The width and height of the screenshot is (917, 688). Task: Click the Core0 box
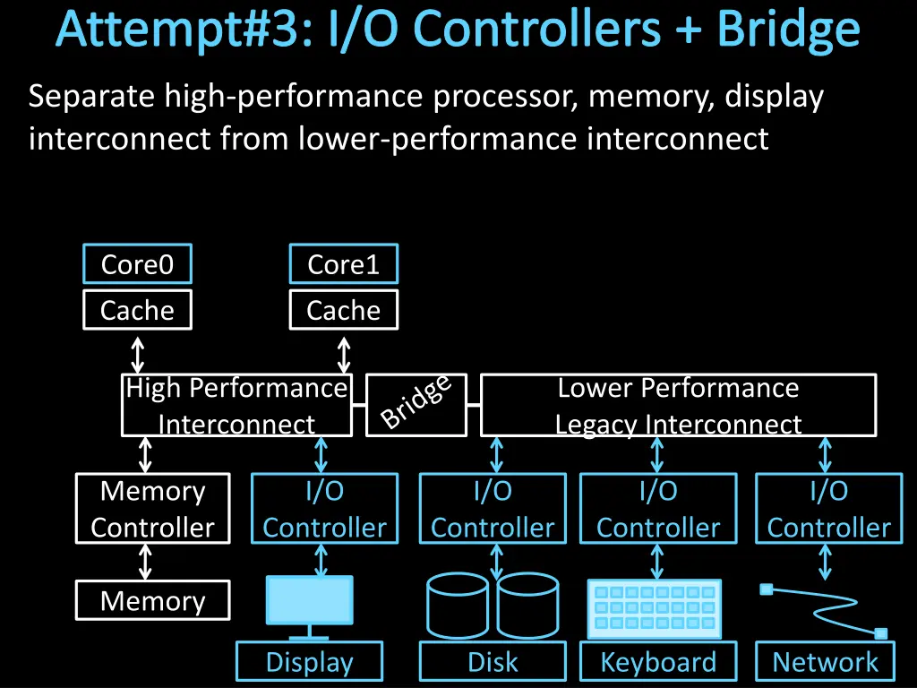click(x=137, y=265)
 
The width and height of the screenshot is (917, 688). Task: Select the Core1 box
click(x=344, y=265)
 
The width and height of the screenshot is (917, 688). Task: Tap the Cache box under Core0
click(x=137, y=311)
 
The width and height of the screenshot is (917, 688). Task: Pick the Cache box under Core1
click(x=344, y=311)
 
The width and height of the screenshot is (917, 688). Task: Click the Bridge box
click(x=416, y=405)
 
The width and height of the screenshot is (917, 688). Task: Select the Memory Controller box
click(x=152, y=509)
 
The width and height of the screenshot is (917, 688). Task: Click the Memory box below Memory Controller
click(x=152, y=601)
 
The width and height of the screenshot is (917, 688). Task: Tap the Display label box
click(x=310, y=663)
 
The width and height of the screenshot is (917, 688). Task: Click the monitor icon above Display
click(x=310, y=601)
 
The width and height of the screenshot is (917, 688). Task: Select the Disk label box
click(x=493, y=663)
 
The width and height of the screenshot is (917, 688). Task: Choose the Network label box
click(x=825, y=663)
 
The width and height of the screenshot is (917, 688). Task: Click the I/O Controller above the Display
click(x=324, y=509)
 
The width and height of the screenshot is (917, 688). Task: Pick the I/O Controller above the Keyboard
click(x=658, y=509)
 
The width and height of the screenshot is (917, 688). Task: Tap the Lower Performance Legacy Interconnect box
click(x=678, y=405)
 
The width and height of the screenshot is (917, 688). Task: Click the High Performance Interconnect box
click(x=236, y=405)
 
